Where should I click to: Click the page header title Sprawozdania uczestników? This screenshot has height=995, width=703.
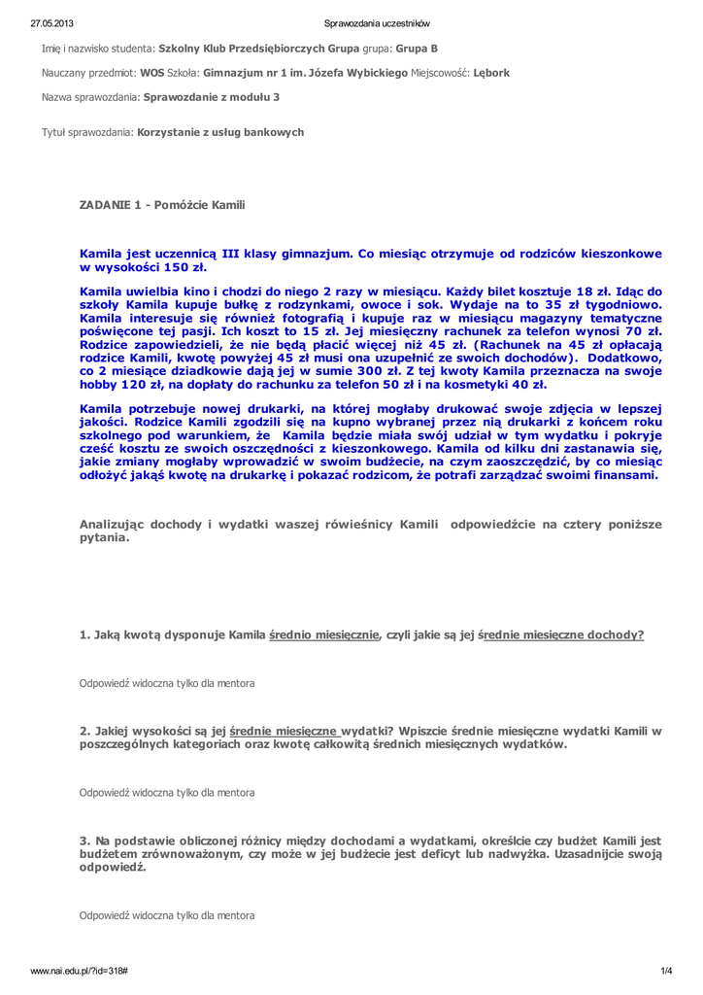pos(377,23)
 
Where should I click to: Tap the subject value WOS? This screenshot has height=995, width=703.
pos(152,72)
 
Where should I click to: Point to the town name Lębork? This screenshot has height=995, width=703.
pos(491,72)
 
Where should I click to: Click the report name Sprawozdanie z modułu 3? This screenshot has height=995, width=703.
pos(212,97)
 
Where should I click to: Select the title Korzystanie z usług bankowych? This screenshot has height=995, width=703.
pos(221,131)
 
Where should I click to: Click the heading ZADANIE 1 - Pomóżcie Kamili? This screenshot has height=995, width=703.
pos(162,205)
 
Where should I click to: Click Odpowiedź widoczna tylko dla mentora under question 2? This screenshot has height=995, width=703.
pos(167,792)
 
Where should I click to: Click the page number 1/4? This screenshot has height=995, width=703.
pos(666,972)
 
